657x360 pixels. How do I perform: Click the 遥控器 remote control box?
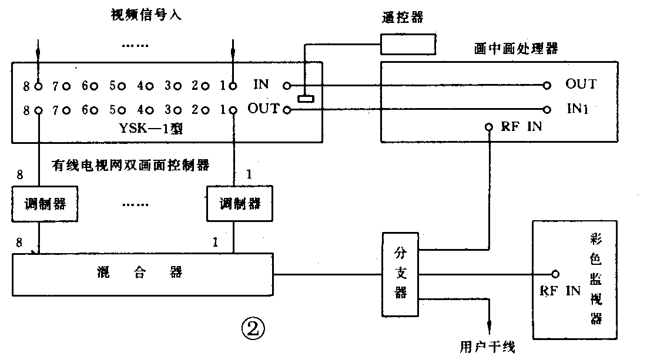point(408,43)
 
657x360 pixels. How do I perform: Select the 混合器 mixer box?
point(143,274)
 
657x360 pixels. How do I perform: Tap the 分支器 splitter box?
point(401,273)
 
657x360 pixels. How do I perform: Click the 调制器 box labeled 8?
point(38,204)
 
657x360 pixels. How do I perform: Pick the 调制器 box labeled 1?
point(239,204)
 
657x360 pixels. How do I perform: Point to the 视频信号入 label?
point(146,15)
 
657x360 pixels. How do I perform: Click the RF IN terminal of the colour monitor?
point(554,274)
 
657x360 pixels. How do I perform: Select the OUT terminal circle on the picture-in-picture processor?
point(547,86)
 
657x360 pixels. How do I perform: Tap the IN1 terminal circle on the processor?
point(547,109)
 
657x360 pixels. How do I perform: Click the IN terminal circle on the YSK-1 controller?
point(286,86)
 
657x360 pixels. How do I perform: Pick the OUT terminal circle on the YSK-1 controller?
point(287,109)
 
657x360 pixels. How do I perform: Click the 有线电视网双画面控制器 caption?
point(130,166)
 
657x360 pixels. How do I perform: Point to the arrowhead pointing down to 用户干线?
point(488,331)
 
